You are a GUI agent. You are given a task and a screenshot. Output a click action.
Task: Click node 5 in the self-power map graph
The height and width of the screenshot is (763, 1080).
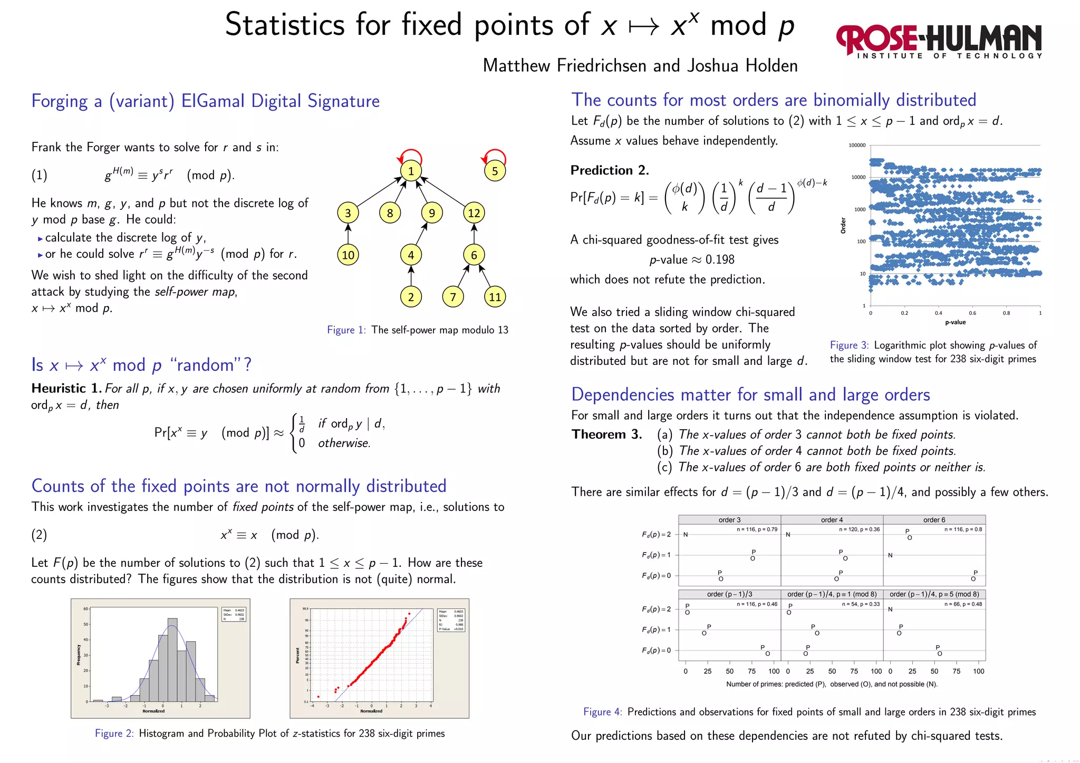coord(495,171)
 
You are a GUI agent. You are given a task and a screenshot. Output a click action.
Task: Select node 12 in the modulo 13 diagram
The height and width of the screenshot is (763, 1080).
coord(474,213)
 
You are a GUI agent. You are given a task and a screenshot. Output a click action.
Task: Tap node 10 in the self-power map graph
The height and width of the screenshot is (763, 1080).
coord(348,255)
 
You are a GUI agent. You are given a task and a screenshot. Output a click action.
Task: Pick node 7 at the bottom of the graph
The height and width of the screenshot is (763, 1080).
coord(452,297)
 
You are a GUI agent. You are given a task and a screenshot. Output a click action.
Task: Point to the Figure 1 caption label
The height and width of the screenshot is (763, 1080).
coord(346,330)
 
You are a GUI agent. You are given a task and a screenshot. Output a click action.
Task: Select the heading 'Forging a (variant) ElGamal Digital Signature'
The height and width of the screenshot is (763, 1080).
coord(205,101)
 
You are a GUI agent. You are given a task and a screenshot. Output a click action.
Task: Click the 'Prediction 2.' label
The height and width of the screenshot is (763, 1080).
coord(609,170)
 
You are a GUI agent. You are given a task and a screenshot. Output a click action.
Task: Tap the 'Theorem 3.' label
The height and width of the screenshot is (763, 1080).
coord(606,434)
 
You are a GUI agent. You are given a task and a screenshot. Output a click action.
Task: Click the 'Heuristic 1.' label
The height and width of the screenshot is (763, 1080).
coord(66,389)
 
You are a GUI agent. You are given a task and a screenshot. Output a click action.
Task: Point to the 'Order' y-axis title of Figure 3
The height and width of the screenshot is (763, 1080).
coord(843,225)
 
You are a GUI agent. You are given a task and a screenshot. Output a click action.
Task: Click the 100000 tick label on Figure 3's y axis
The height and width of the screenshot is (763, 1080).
coord(856,146)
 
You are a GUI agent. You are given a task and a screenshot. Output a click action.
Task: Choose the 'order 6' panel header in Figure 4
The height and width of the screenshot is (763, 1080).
coord(934,520)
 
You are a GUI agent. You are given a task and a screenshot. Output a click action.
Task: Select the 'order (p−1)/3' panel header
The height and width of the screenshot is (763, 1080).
coord(729,594)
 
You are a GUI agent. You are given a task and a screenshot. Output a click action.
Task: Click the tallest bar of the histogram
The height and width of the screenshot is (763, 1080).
coord(172,659)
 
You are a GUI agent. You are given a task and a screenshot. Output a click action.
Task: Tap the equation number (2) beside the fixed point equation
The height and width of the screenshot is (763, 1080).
coord(39,535)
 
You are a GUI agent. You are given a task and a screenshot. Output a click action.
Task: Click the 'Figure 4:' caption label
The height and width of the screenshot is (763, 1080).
coord(602,712)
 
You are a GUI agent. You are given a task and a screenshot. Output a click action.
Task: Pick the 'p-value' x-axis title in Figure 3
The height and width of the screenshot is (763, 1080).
coord(955,322)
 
